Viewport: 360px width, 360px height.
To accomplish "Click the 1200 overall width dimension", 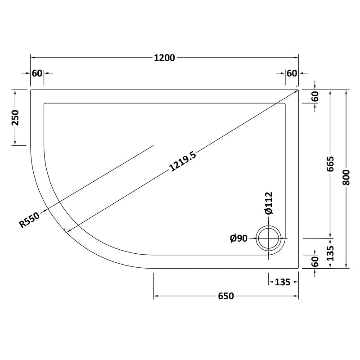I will click(165, 58).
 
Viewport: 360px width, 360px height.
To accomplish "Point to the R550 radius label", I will click(30, 220).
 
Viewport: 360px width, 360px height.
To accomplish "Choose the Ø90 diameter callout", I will click(238, 239).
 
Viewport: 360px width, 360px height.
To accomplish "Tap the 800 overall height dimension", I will click(346, 179).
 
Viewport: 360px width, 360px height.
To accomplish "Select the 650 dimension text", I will click(226, 296).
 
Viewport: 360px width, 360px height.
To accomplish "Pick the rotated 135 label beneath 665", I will click(331, 252).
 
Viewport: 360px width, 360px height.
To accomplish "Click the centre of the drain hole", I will click(269, 238).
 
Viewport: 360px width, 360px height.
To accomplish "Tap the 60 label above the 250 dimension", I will click(37, 73).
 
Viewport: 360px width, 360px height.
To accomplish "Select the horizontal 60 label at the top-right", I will click(292, 73).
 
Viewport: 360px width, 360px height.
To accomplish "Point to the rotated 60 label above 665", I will click(315, 96).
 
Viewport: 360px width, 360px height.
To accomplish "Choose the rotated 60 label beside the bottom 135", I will click(315, 261).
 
